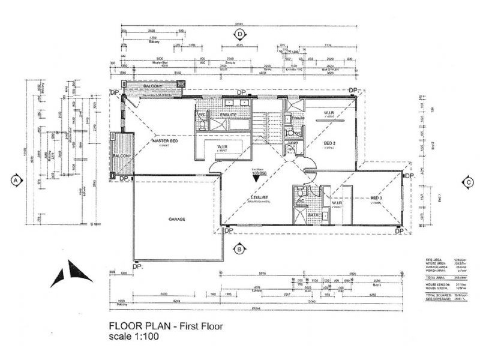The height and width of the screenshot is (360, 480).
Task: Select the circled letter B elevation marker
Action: pos(239,248)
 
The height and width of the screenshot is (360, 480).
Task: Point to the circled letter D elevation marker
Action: pos(239,34)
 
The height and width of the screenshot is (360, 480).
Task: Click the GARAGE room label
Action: pos(177,219)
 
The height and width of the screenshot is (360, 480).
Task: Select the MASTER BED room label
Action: pos(164,141)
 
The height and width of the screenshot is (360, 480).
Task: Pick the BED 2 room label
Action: pos(329,143)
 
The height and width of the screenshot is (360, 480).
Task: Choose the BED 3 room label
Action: pos(377,198)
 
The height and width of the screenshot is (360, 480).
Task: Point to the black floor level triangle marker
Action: pos(257,178)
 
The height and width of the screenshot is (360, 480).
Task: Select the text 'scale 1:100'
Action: pos(133,337)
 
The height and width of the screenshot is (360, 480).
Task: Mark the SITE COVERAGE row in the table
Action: pos(439,299)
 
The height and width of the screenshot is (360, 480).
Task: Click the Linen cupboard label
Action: pos(293,143)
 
